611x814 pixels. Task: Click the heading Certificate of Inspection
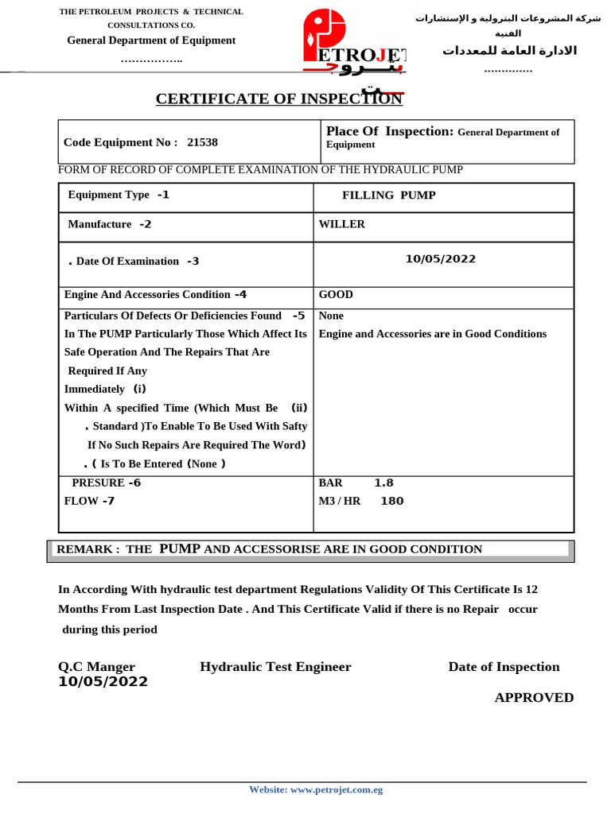point(278,99)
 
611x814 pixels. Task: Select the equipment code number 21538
point(202,142)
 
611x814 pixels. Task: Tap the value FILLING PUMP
point(388,195)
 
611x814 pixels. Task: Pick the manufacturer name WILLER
point(341,224)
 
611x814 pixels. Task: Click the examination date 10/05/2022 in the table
point(440,258)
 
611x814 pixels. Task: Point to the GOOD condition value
point(336,294)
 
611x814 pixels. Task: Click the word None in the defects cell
point(331,316)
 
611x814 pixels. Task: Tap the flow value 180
point(392,501)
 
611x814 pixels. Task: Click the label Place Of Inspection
point(389,131)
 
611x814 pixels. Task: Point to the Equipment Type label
point(108,195)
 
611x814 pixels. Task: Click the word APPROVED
point(534,697)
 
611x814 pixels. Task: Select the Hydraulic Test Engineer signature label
point(275,667)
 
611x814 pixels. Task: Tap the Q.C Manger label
point(96,667)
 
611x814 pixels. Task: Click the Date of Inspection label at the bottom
point(504,667)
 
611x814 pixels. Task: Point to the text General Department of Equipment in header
point(151,41)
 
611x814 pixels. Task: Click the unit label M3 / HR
point(340,501)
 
